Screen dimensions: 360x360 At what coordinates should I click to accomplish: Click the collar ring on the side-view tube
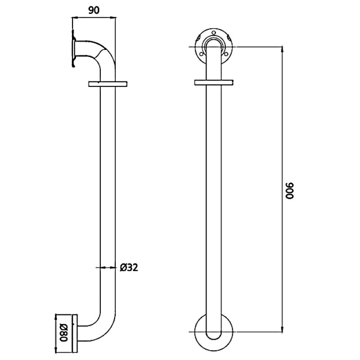pos(108,84)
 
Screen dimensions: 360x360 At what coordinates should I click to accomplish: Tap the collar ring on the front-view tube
pos(213,82)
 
